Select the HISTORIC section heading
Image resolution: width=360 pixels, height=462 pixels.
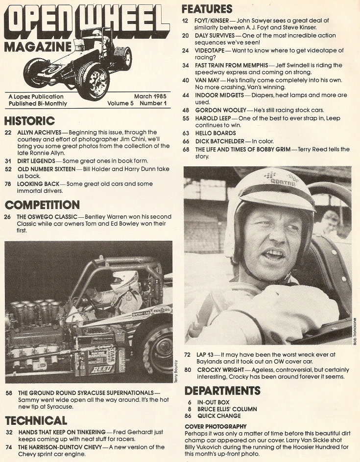coord(29,120)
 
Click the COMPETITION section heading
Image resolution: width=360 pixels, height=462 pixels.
coord(42,205)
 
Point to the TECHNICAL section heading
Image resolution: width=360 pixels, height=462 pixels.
coord(36,420)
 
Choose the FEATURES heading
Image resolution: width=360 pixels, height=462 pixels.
coord(207,9)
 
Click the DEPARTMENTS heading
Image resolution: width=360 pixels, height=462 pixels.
coord(222,390)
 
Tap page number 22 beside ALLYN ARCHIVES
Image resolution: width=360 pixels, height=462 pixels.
coord(8,133)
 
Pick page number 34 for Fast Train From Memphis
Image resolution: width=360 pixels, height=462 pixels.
coord(186,65)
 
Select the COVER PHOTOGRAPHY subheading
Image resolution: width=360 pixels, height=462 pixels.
coord(216,427)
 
